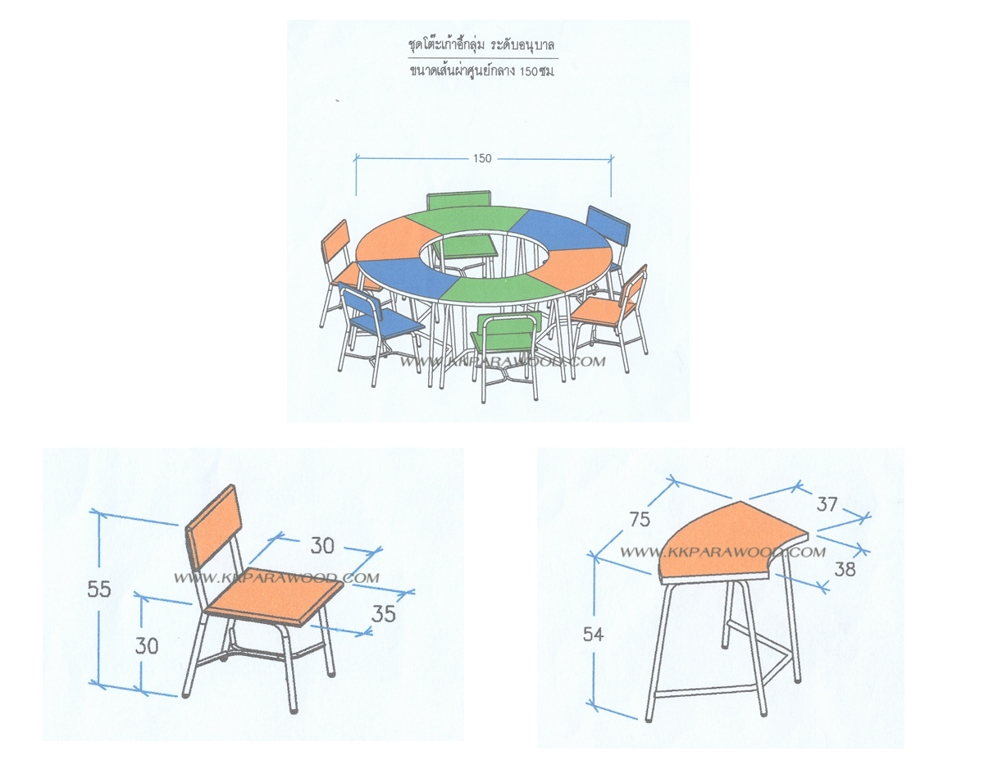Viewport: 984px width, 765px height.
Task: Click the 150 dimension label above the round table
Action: (x=482, y=158)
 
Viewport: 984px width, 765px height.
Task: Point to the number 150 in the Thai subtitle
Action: (x=528, y=71)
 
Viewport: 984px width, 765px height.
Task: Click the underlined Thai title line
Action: (x=481, y=45)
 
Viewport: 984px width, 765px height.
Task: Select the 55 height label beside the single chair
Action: (x=98, y=589)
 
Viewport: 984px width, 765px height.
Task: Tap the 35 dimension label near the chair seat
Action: (x=383, y=614)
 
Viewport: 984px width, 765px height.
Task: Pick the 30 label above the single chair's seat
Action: (x=322, y=545)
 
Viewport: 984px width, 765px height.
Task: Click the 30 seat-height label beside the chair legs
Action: (x=146, y=645)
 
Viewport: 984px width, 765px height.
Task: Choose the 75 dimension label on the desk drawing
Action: (x=640, y=519)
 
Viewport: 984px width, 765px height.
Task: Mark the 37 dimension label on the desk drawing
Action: (x=827, y=503)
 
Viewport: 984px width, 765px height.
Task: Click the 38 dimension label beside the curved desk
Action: (x=845, y=569)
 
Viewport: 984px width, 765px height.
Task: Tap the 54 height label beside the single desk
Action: (x=593, y=634)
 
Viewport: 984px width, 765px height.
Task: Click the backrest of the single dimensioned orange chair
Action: (x=214, y=528)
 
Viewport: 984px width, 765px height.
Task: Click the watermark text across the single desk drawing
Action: (x=722, y=552)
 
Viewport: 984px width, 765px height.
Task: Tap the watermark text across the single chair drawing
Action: (x=276, y=578)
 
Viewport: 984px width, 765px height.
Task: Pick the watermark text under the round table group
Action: (x=503, y=362)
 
